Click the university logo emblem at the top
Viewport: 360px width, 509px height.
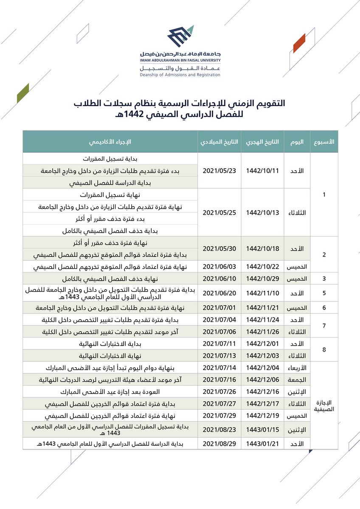(180, 37)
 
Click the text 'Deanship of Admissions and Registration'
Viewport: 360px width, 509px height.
(180, 75)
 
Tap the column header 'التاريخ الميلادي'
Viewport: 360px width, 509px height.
(219, 142)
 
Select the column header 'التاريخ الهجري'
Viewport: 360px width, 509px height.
(262, 142)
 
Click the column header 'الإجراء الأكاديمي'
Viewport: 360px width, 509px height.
(110, 142)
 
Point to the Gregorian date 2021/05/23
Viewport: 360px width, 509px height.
(219, 171)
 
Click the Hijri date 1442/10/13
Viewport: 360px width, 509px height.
(262, 213)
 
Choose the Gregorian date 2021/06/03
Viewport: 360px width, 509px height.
(219, 267)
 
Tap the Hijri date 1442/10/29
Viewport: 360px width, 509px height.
(262, 279)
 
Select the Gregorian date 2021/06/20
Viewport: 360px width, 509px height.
(219, 293)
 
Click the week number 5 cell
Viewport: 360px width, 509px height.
(324, 293)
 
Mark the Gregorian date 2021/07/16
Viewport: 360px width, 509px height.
(219, 379)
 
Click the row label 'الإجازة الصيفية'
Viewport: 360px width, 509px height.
(324, 406)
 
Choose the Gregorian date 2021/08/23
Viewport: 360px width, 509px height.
(219, 430)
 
